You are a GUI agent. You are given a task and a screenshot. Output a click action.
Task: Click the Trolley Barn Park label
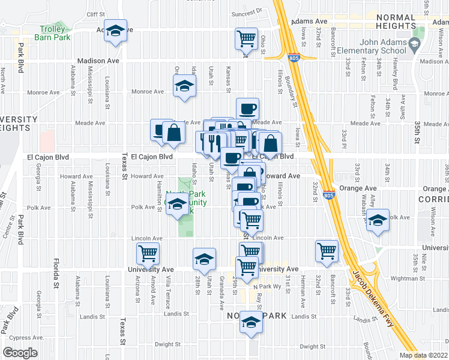pos(55,33)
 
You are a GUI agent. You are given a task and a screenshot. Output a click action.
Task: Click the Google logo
pos(20,353)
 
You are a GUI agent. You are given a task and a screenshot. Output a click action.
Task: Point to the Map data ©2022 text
pos(423,355)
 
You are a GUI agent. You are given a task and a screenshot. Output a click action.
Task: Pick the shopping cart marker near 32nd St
pos(327,251)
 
